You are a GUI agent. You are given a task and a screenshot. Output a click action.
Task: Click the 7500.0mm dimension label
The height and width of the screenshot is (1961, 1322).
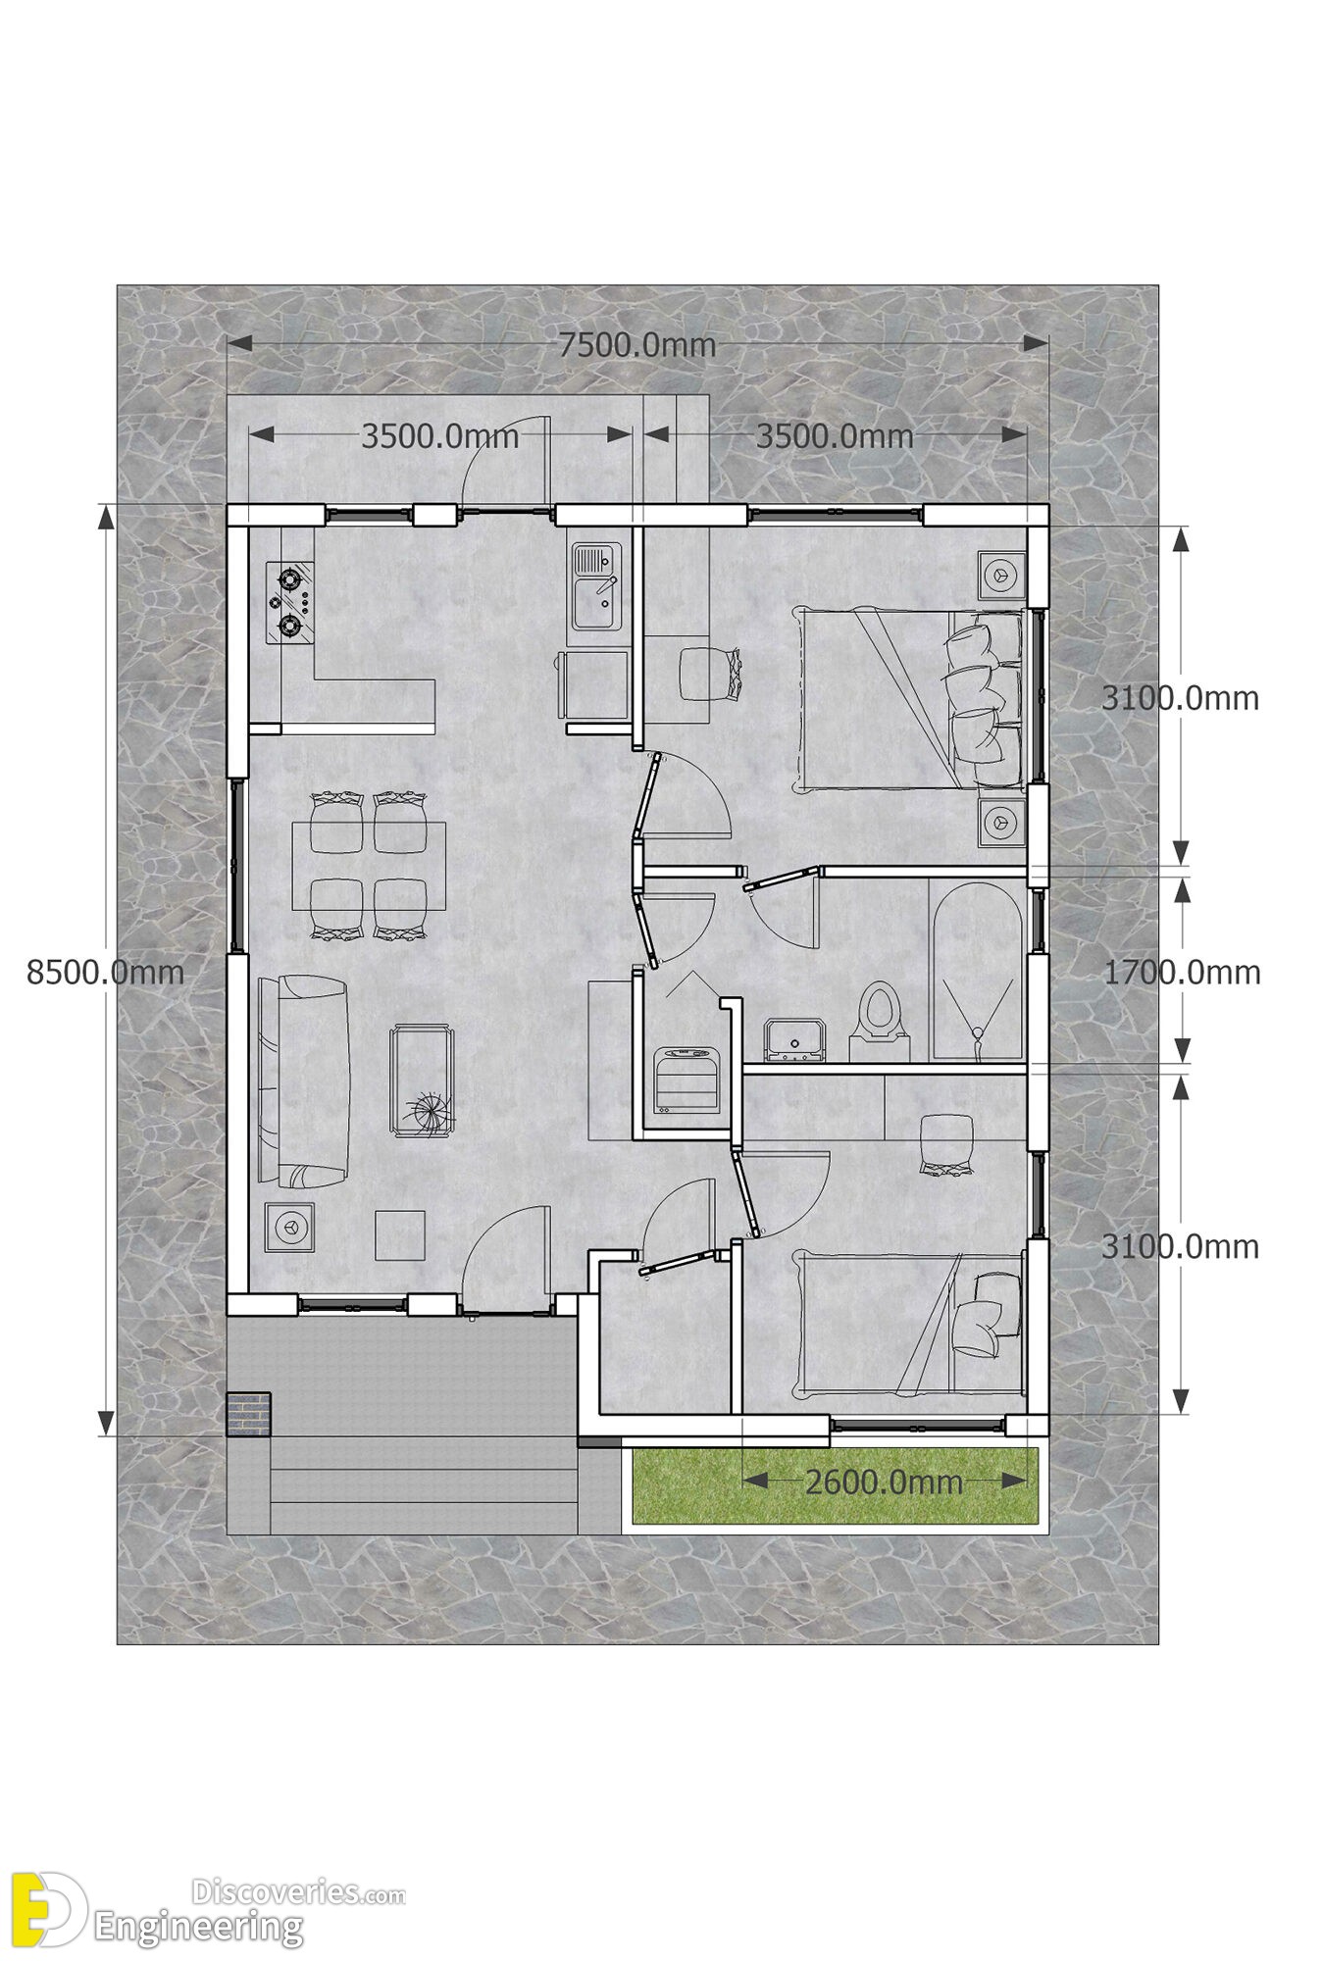click(637, 345)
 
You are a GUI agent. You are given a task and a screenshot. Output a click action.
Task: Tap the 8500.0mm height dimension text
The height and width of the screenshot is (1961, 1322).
click(106, 972)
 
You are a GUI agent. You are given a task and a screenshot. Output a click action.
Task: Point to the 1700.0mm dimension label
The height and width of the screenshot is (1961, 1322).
click(1182, 972)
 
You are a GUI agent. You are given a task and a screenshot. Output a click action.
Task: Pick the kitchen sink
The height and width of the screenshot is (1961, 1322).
click(596, 588)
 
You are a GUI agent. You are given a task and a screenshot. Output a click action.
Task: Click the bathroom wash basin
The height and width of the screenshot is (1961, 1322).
click(795, 1040)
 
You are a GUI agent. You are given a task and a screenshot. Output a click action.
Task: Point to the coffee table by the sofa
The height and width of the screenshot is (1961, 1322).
click(423, 1081)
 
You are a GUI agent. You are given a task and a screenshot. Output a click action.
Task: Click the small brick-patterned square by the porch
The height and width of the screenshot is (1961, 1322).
click(249, 1414)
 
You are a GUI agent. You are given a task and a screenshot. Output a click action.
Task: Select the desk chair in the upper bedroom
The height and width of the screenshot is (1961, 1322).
click(708, 674)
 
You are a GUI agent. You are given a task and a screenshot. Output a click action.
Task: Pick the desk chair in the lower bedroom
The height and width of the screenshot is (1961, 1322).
click(945, 1143)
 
